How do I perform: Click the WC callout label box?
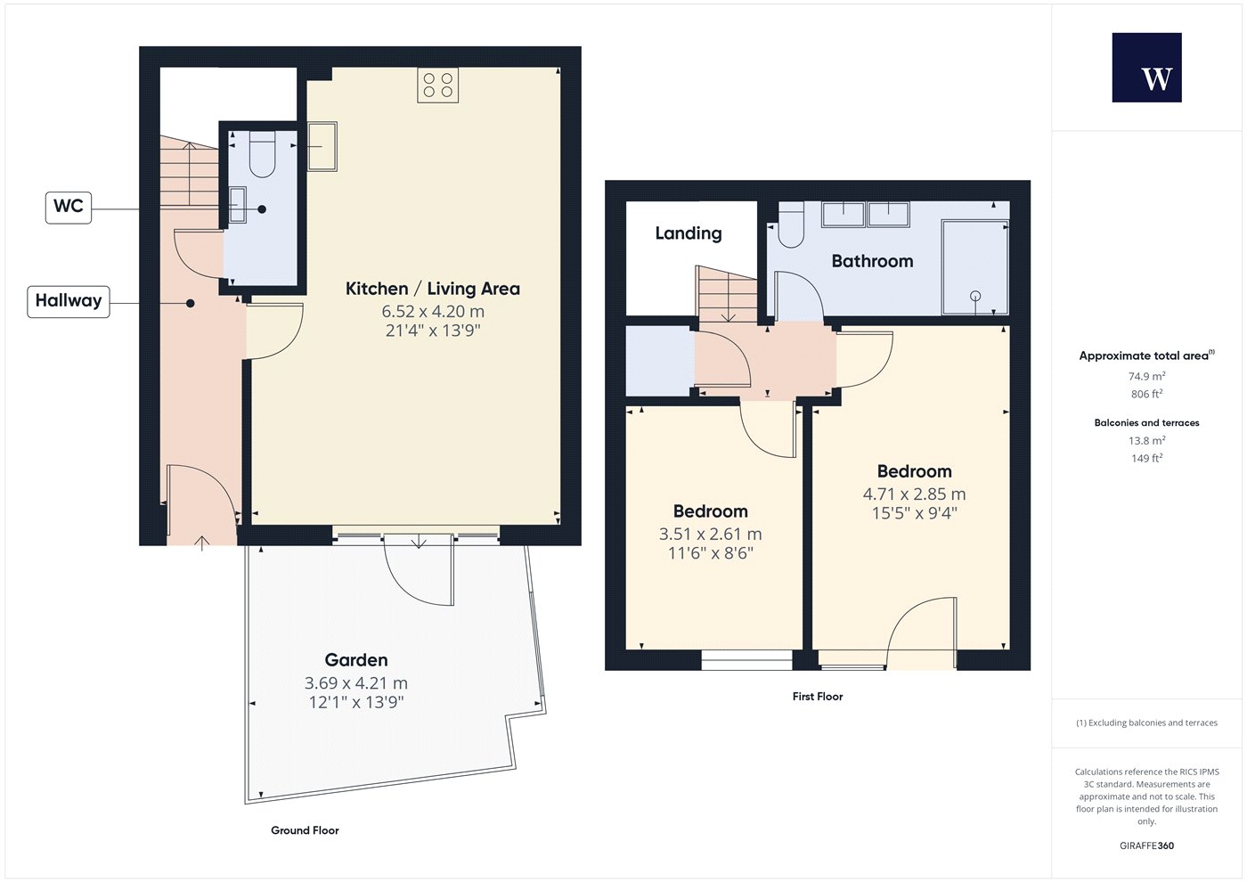click(69, 208)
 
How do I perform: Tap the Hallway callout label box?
click(69, 302)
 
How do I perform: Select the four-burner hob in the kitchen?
click(438, 86)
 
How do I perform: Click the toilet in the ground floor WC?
click(262, 153)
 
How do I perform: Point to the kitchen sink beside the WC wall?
click(322, 146)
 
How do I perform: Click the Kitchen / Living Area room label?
click(433, 289)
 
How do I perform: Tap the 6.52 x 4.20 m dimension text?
click(433, 311)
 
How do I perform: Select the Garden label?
click(356, 660)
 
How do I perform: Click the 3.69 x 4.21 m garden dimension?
click(356, 682)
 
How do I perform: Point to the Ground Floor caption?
click(305, 830)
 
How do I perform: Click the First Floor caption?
click(818, 696)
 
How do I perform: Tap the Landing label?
click(689, 233)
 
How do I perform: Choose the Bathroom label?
click(872, 261)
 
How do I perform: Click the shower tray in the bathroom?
click(974, 266)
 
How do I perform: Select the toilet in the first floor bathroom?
click(791, 225)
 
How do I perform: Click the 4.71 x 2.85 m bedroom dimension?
click(914, 494)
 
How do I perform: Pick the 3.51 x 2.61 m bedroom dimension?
click(711, 534)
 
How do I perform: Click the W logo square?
click(1147, 68)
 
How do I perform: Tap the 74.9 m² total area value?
click(1147, 376)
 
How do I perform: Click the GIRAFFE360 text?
click(1147, 845)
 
